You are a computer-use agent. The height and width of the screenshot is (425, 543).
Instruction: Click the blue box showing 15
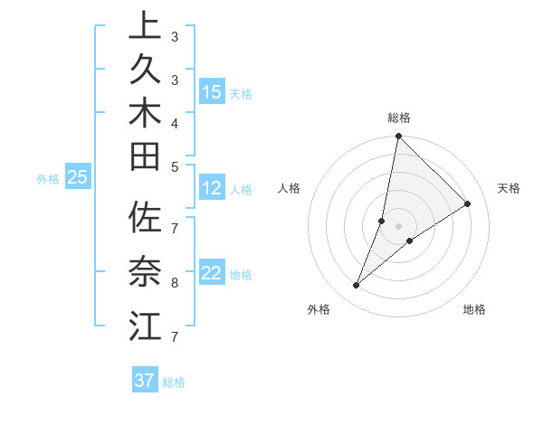coord(212,92)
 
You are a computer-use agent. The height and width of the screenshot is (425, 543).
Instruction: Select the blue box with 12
coord(212,189)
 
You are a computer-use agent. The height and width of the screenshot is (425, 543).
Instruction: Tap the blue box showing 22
coord(212,274)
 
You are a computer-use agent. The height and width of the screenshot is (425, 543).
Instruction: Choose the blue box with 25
coord(78,178)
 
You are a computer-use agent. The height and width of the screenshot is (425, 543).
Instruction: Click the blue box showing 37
coord(145,381)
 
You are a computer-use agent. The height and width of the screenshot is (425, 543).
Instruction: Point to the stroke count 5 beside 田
coord(174,165)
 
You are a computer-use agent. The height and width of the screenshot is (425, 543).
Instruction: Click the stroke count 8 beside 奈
coord(174,282)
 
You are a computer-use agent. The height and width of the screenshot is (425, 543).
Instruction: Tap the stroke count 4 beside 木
coord(174,122)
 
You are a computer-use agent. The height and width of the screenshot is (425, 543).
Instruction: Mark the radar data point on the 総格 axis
coord(398,137)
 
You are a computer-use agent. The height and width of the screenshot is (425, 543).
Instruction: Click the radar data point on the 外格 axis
coord(357,286)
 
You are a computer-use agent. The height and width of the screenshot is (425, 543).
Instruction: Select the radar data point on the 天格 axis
coord(468,203)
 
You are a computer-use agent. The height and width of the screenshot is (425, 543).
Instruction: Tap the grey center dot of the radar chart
coord(398,226)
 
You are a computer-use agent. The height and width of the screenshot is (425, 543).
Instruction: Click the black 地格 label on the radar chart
coord(474,310)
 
